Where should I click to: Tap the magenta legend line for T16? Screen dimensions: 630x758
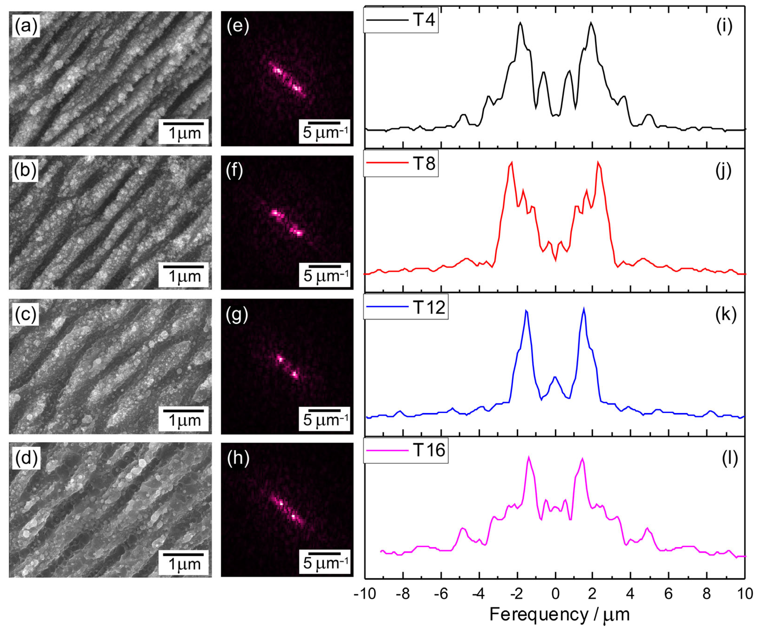click(x=387, y=450)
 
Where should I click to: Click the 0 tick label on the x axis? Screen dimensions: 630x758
click(x=555, y=593)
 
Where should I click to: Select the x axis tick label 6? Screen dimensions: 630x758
click(x=669, y=593)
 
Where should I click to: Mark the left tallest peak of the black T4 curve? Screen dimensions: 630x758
click(x=520, y=23)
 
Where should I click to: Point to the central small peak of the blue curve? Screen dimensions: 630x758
click(x=555, y=377)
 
